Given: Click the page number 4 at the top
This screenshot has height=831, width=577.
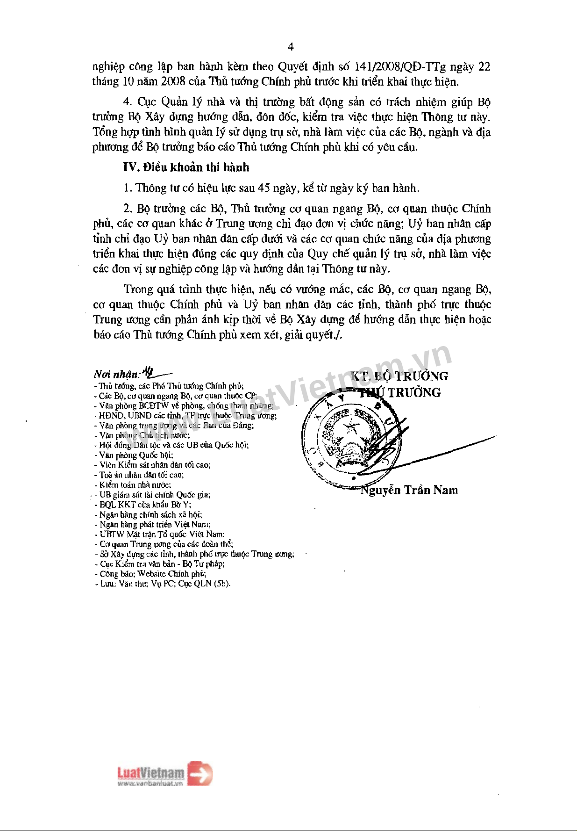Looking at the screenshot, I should click(x=291, y=47).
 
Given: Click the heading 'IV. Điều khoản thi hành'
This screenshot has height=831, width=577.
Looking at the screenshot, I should click(x=186, y=167).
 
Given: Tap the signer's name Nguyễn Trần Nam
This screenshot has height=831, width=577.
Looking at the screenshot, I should click(x=409, y=490).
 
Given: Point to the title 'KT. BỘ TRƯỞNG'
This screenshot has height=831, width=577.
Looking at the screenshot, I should click(x=399, y=376).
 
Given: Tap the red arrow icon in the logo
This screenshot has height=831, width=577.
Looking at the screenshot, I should click(x=200, y=773).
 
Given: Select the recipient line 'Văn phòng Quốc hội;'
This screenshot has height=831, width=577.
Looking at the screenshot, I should click(x=136, y=455).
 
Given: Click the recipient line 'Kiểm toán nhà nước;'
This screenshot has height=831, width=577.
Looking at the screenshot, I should click(x=135, y=485).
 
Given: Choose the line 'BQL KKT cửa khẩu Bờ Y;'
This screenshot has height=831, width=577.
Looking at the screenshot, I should click(x=145, y=505).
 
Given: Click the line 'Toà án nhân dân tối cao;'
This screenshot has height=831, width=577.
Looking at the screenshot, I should click(x=142, y=475).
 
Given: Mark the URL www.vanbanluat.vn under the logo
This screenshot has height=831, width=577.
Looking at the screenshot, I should click(x=150, y=784).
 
